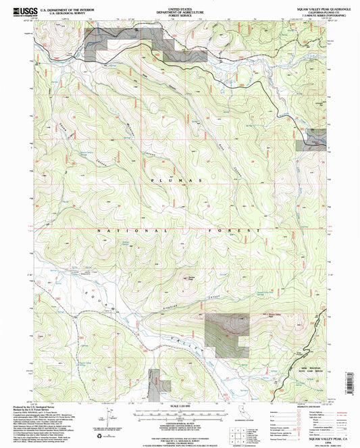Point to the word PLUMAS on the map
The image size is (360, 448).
179,181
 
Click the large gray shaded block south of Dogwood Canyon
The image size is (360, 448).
223,334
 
